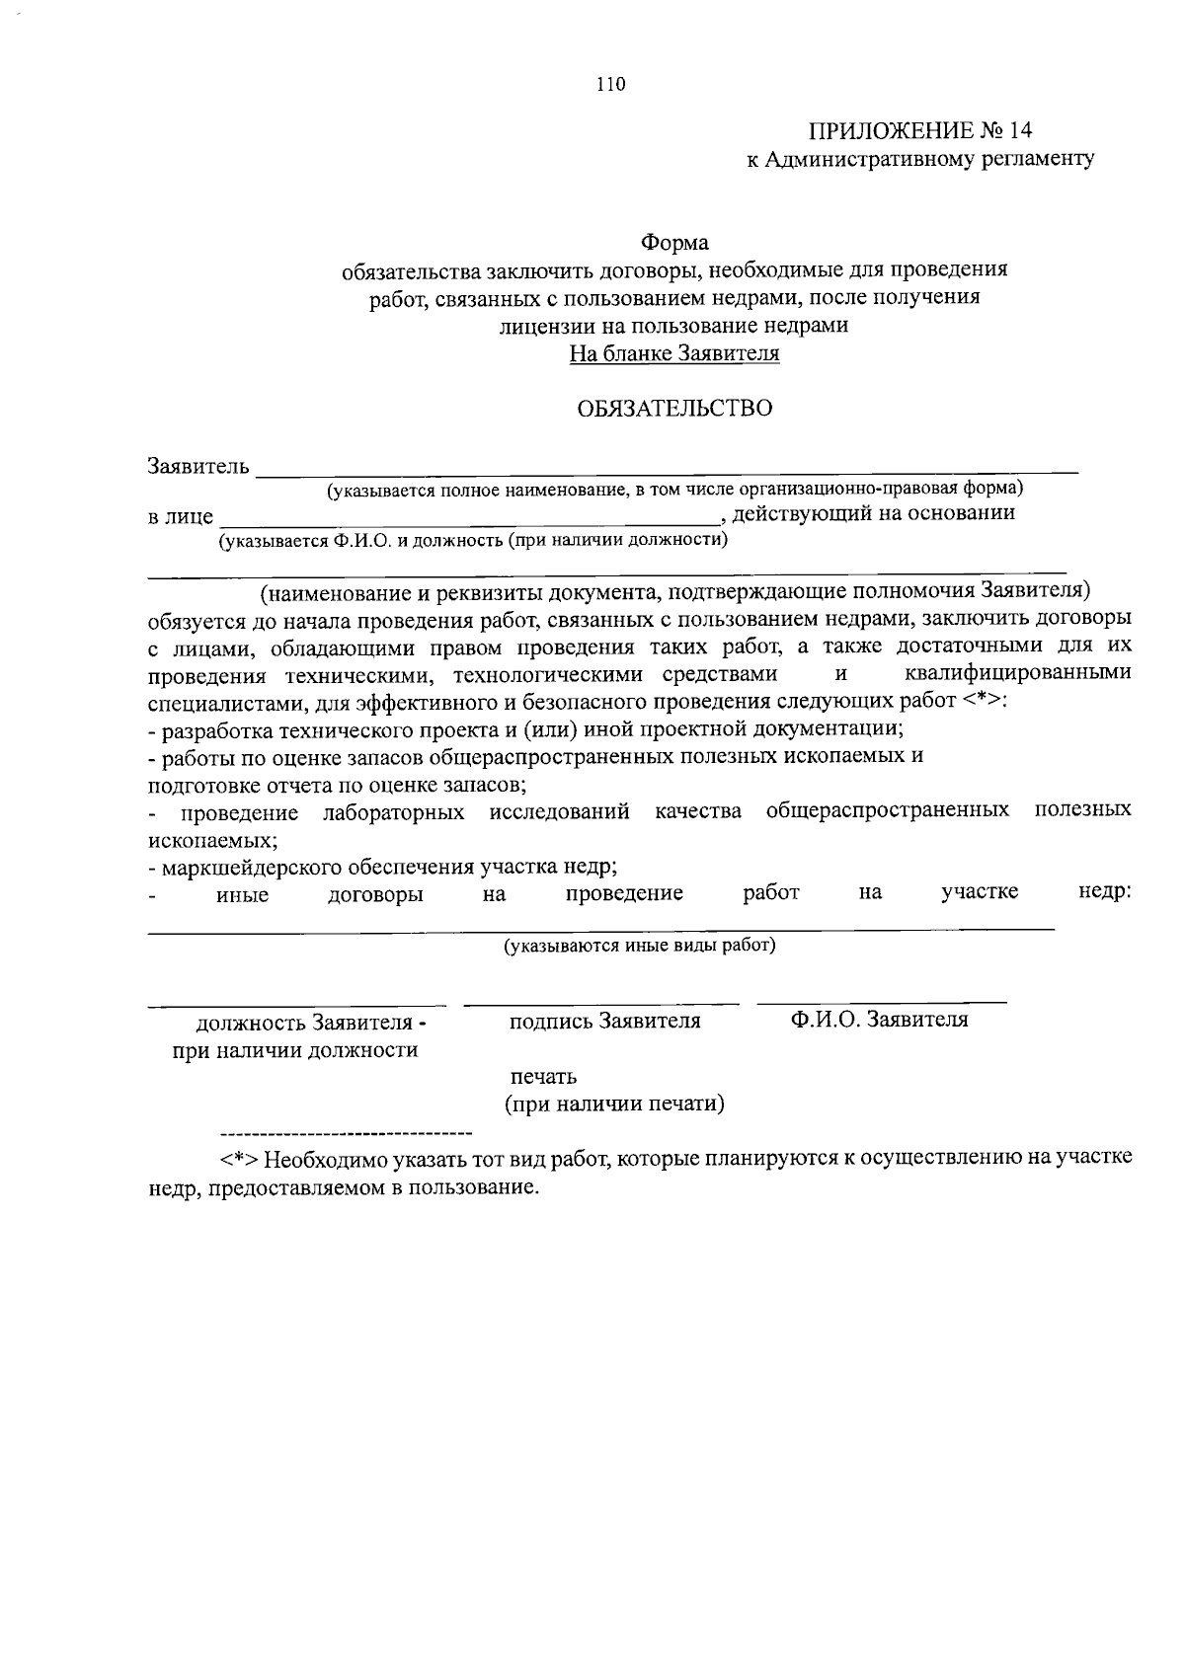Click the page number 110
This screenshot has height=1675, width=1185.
click(611, 85)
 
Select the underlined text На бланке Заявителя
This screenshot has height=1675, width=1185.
click(674, 353)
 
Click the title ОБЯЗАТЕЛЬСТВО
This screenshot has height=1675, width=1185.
click(674, 408)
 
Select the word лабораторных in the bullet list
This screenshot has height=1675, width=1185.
click(394, 811)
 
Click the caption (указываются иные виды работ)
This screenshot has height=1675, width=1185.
click(640, 946)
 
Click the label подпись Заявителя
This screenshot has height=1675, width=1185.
click(604, 1021)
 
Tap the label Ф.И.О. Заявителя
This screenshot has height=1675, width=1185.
click(879, 1020)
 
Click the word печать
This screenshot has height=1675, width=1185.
click(543, 1076)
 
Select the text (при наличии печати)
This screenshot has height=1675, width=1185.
click(614, 1104)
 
